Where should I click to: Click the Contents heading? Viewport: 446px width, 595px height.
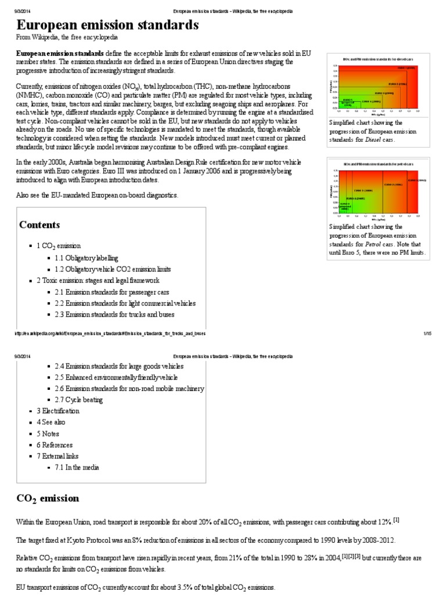click(x=39, y=225)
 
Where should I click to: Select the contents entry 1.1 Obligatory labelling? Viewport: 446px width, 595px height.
click(x=87, y=257)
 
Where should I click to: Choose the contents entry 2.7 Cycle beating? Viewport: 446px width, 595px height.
click(x=79, y=400)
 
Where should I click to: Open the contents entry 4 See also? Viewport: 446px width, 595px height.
click(x=51, y=422)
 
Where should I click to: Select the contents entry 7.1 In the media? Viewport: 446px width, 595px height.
click(x=77, y=467)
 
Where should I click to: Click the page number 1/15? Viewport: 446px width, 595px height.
click(x=428, y=334)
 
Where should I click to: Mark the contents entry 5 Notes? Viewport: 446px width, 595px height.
click(x=48, y=433)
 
